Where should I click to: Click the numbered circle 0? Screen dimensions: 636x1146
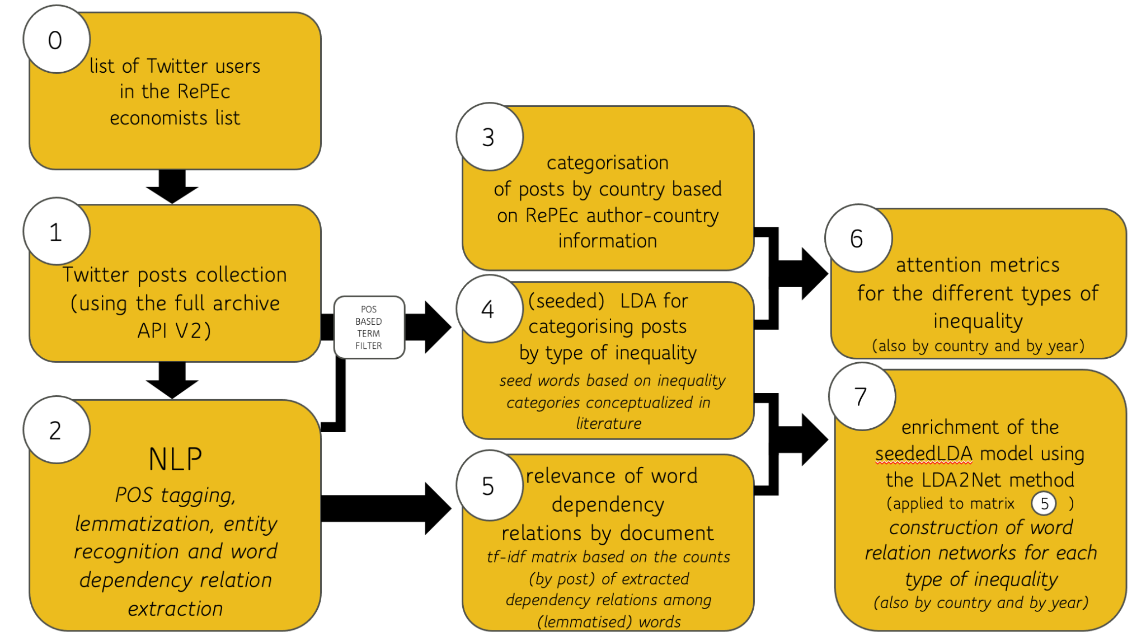point(56,40)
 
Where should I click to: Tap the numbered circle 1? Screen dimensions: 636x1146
point(56,232)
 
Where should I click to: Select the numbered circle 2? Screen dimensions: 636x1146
point(56,430)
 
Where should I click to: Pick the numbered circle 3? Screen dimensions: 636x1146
point(489,137)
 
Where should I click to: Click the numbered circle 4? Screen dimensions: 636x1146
point(489,309)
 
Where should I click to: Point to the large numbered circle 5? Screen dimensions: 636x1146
point(489,485)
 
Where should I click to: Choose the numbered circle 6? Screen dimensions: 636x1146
point(857,238)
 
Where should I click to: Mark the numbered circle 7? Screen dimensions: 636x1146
point(862,396)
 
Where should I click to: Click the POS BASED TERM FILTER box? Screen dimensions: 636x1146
point(369,328)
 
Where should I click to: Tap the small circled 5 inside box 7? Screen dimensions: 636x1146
point(1044,503)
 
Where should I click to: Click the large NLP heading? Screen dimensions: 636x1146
point(175,459)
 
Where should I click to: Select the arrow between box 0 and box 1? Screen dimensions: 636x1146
point(172,186)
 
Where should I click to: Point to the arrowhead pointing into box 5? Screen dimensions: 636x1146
point(437,508)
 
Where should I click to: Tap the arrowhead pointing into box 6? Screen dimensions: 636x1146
point(814,274)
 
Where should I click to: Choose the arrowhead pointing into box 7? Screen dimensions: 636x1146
point(814,439)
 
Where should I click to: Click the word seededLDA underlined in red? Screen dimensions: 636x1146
point(924,453)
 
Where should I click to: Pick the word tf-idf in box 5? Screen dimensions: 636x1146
point(506,556)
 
